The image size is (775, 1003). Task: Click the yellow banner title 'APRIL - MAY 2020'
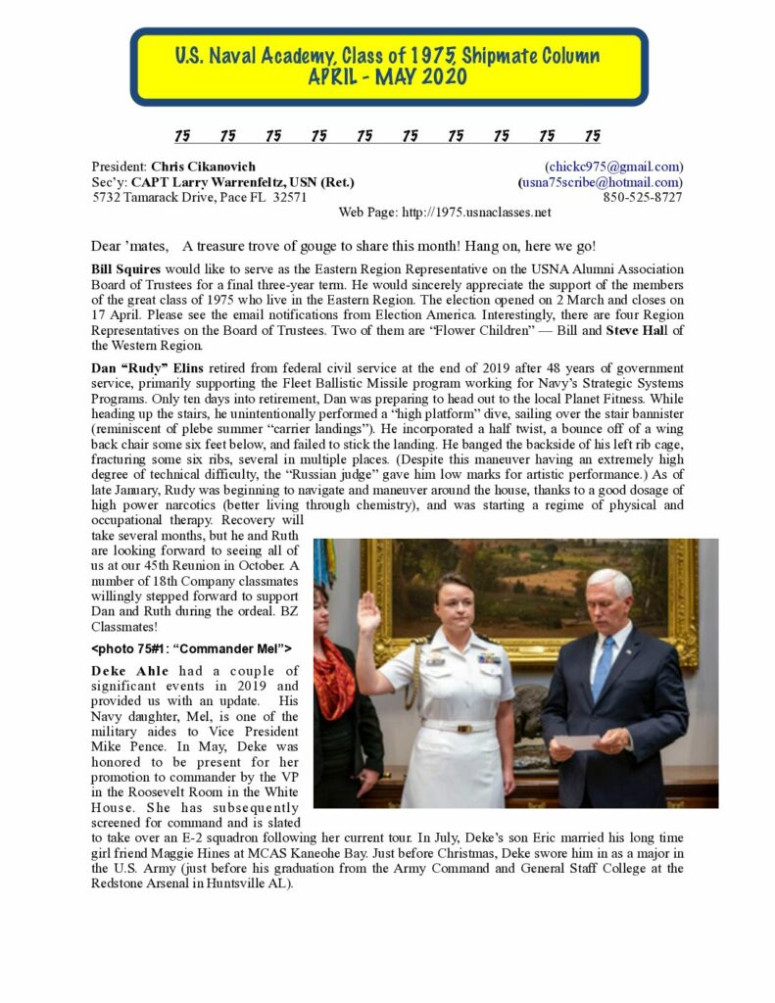tap(389, 78)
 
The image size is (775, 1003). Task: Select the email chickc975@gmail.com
tap(614, 167)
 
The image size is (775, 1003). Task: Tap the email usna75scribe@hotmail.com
tap(602, 182)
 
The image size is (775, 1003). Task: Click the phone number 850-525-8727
tap(643, 197)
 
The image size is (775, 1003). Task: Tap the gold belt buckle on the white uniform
tap(459, 727)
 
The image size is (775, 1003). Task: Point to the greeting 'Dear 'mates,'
tap(128, 245)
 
